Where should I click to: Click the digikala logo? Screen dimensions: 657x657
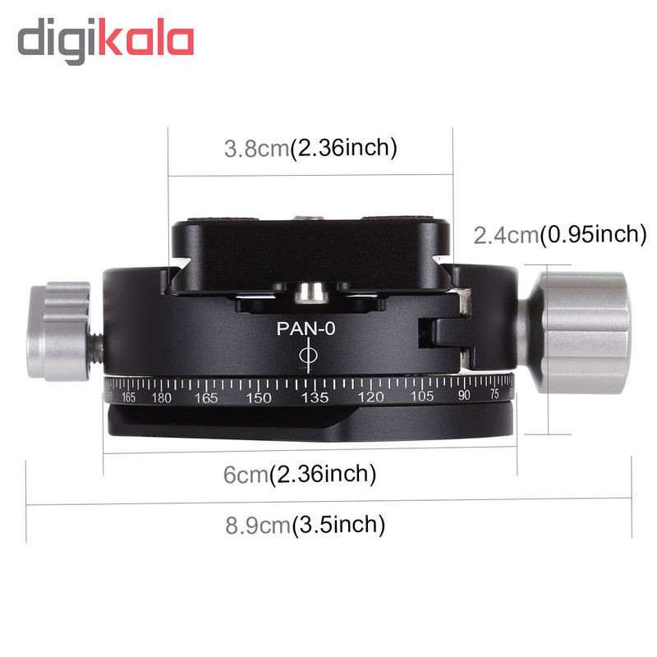106,40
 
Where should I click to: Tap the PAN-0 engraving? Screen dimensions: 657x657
306,329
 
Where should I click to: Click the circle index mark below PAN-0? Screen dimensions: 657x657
309,356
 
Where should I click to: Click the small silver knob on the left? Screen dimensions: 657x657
58,331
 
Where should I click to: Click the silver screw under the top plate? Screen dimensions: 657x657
310,292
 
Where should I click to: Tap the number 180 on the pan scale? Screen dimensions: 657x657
161,397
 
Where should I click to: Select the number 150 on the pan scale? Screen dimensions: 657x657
258,397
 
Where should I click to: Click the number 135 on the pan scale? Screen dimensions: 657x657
315,397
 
